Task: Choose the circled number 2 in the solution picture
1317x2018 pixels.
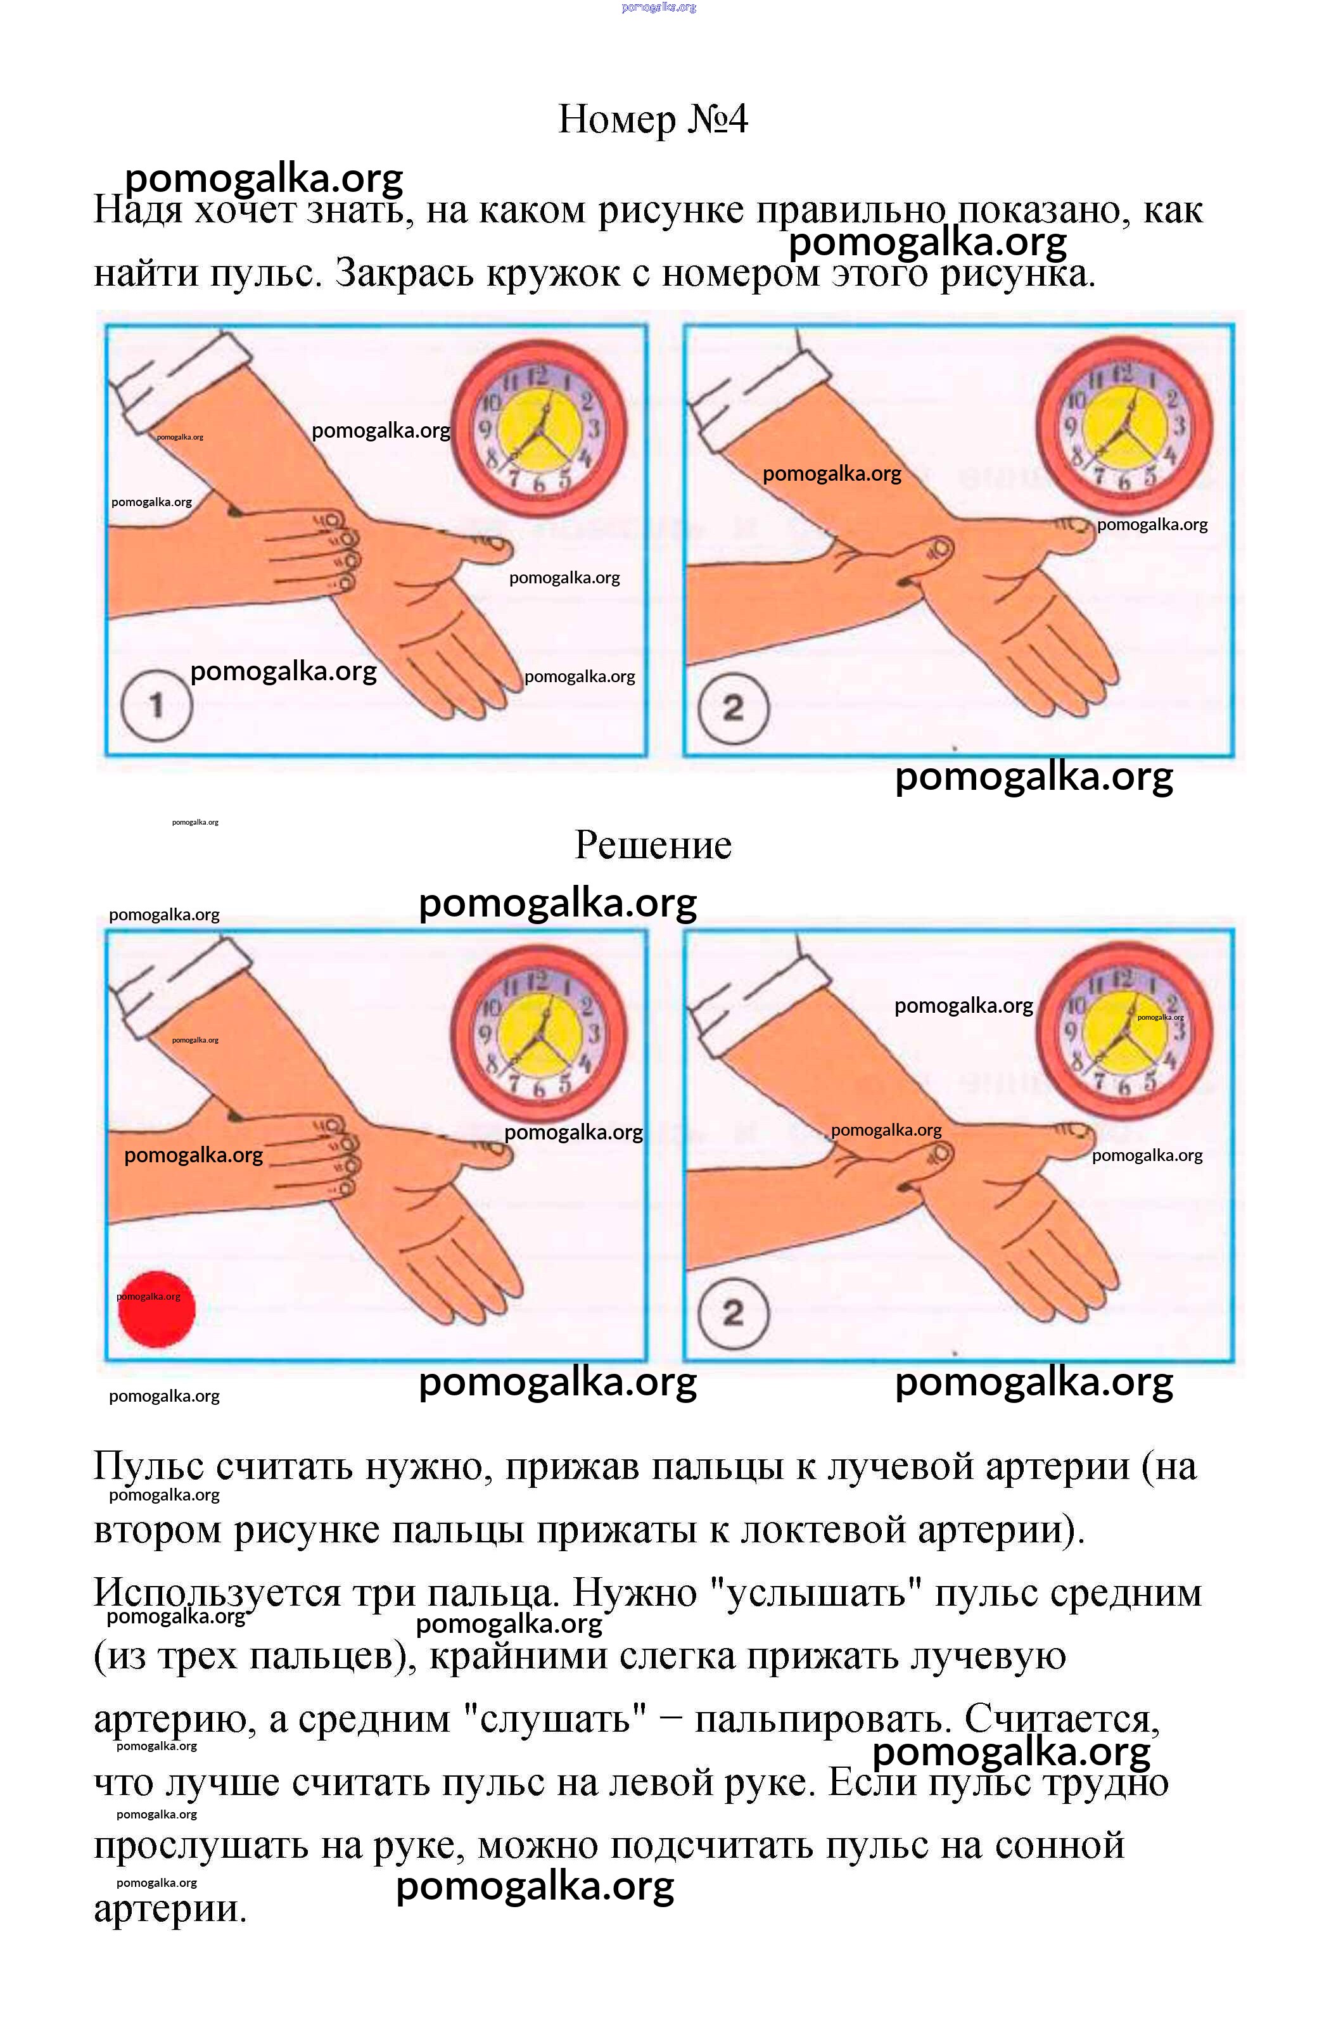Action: (733, 1312)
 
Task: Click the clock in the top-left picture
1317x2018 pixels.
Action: (538, 428)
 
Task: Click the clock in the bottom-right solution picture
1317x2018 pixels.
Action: (1124, 1030)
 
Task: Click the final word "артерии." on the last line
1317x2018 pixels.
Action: (170, 1908)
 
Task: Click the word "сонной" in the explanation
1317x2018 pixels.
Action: (1059, 1846)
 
